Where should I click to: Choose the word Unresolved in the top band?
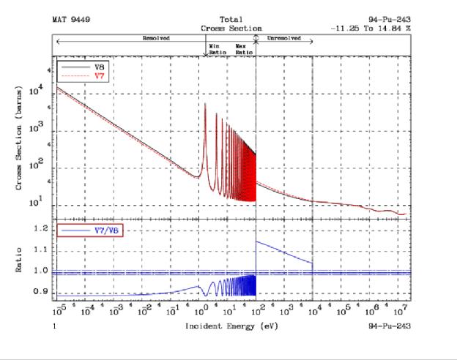[x=282, y=37]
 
